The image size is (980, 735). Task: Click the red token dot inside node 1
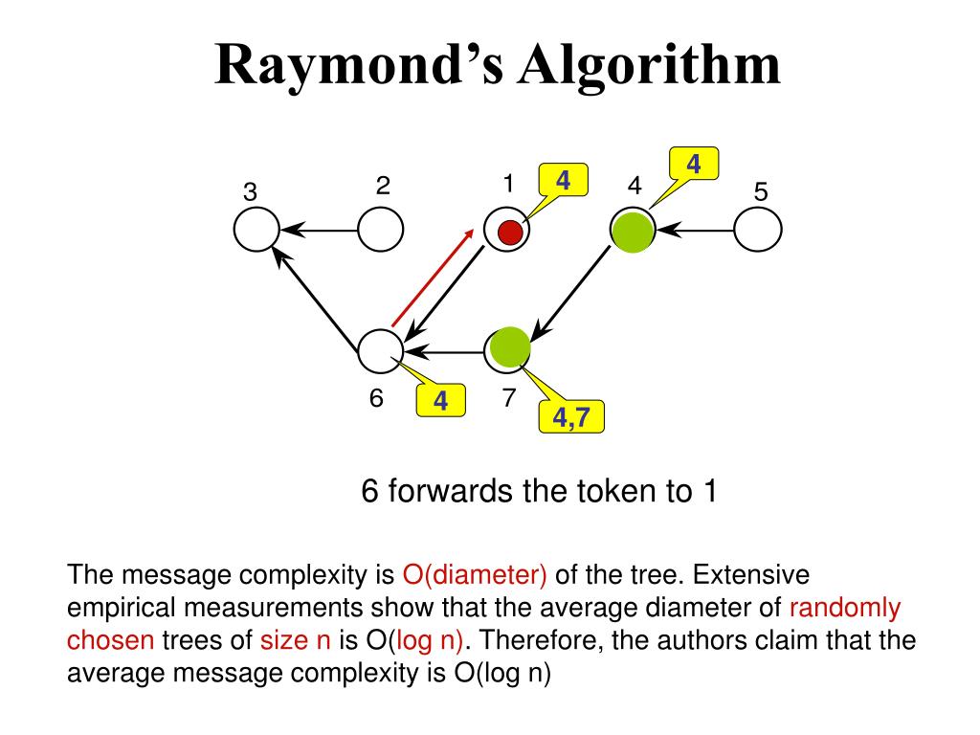pos(510,232)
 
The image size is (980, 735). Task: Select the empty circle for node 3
pos(257,231)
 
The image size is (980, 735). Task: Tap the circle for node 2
pos(381,231)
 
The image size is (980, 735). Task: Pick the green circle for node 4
pos(633,231)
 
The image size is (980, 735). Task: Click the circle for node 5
pos(759,231)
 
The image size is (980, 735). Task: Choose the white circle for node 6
pos(381,351)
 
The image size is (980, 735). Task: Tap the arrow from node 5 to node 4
pos(697,231)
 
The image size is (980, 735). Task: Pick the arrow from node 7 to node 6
pos(444,352)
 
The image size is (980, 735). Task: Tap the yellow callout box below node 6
pos(440,401)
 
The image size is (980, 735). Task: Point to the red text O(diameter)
pos(475,575)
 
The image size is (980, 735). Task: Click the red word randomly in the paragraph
pos(845,608)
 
